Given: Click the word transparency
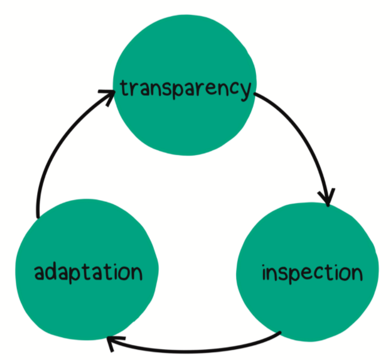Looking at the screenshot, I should click(185, 89).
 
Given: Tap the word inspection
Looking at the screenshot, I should click(312, 274).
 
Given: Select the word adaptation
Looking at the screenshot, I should click(88, 273).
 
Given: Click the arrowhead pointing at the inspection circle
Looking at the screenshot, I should click(327, 198).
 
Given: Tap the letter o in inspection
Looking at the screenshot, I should click(344, 274).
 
